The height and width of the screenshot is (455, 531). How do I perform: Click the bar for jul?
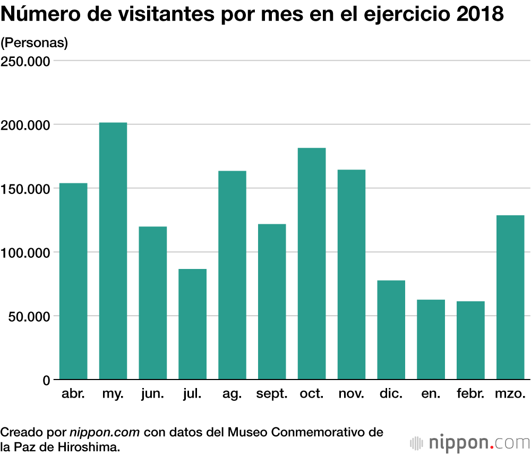pyautogui.click(x=192, y=324)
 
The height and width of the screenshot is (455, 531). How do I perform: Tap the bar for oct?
pyautogui.click(x=312, y=264)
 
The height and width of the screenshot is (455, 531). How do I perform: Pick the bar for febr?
pyautogui.click(x=470, y=340)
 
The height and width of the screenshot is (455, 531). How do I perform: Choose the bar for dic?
pyautogui.click(x=391, y=330)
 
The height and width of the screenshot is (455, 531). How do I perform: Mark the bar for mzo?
pyautogui.click(x=510, y=297)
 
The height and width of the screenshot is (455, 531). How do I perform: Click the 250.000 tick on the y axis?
pyautogui.click(x=26, y=61)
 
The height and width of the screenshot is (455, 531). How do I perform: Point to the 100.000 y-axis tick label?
pyautogui.click(x=26, y=252)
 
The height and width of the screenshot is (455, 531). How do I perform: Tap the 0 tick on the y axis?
pyautogui.click(x=46, y=380)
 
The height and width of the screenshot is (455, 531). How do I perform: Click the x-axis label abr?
pyautogui.click(x=73, y=394)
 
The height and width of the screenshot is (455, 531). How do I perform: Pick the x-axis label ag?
pyautogui.click(x=232, y=394)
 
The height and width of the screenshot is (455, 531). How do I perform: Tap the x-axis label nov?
pyautogui.click(x=352, y=394)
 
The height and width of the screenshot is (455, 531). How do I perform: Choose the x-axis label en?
pyautogui.click(x=431, y=394)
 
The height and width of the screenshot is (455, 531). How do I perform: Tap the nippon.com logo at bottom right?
pyautogui.click(x=470, y=442)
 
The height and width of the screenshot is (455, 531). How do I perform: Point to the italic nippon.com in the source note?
pyautogui.click(x=105, y=432)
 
